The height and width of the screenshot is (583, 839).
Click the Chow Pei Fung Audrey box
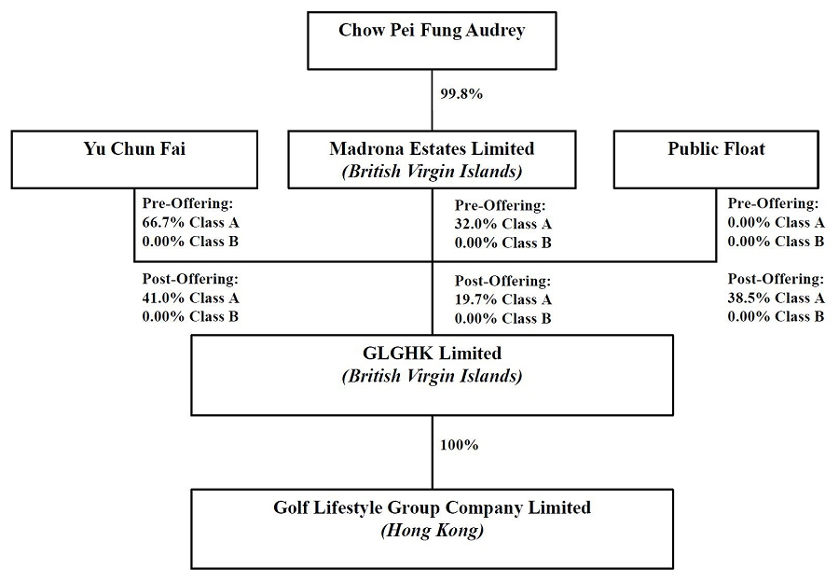click(x=432, y=41)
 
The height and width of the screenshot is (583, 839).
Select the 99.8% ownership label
click(x=461, y=94)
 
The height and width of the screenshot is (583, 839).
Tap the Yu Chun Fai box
click(x=134, y=160)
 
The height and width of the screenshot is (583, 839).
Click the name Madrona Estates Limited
click(x=432, y=148)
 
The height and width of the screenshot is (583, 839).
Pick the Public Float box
click(x=716, y=160)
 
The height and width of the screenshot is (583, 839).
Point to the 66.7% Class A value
click(x=190, y=222)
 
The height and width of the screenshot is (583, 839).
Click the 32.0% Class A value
click(x=503, y=224)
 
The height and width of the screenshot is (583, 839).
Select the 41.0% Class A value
click(x=190, y=298)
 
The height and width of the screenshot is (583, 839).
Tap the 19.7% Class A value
click(x=503, y=299)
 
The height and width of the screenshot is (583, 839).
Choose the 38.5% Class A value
click(x=776, y=298)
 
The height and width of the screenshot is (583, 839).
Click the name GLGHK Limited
click(x=432, y=354)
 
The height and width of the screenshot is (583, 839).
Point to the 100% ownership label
click(x=459, y=445)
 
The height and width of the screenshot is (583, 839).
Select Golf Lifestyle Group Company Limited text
click(x=432, y=507)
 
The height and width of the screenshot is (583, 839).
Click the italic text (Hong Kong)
click(x=432, y=531)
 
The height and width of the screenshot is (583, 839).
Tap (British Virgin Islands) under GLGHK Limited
click(x=432, y=376)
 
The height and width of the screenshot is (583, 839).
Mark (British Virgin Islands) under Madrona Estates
click(x=432, y=172)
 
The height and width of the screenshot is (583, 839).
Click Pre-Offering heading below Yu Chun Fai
click(x=187, y=203)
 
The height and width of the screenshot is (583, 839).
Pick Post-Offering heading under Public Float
click(x=776, y=279)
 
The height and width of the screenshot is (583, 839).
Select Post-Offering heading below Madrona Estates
click(x=503, y=281)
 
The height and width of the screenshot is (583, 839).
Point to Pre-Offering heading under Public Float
click(x=773, y=203)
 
